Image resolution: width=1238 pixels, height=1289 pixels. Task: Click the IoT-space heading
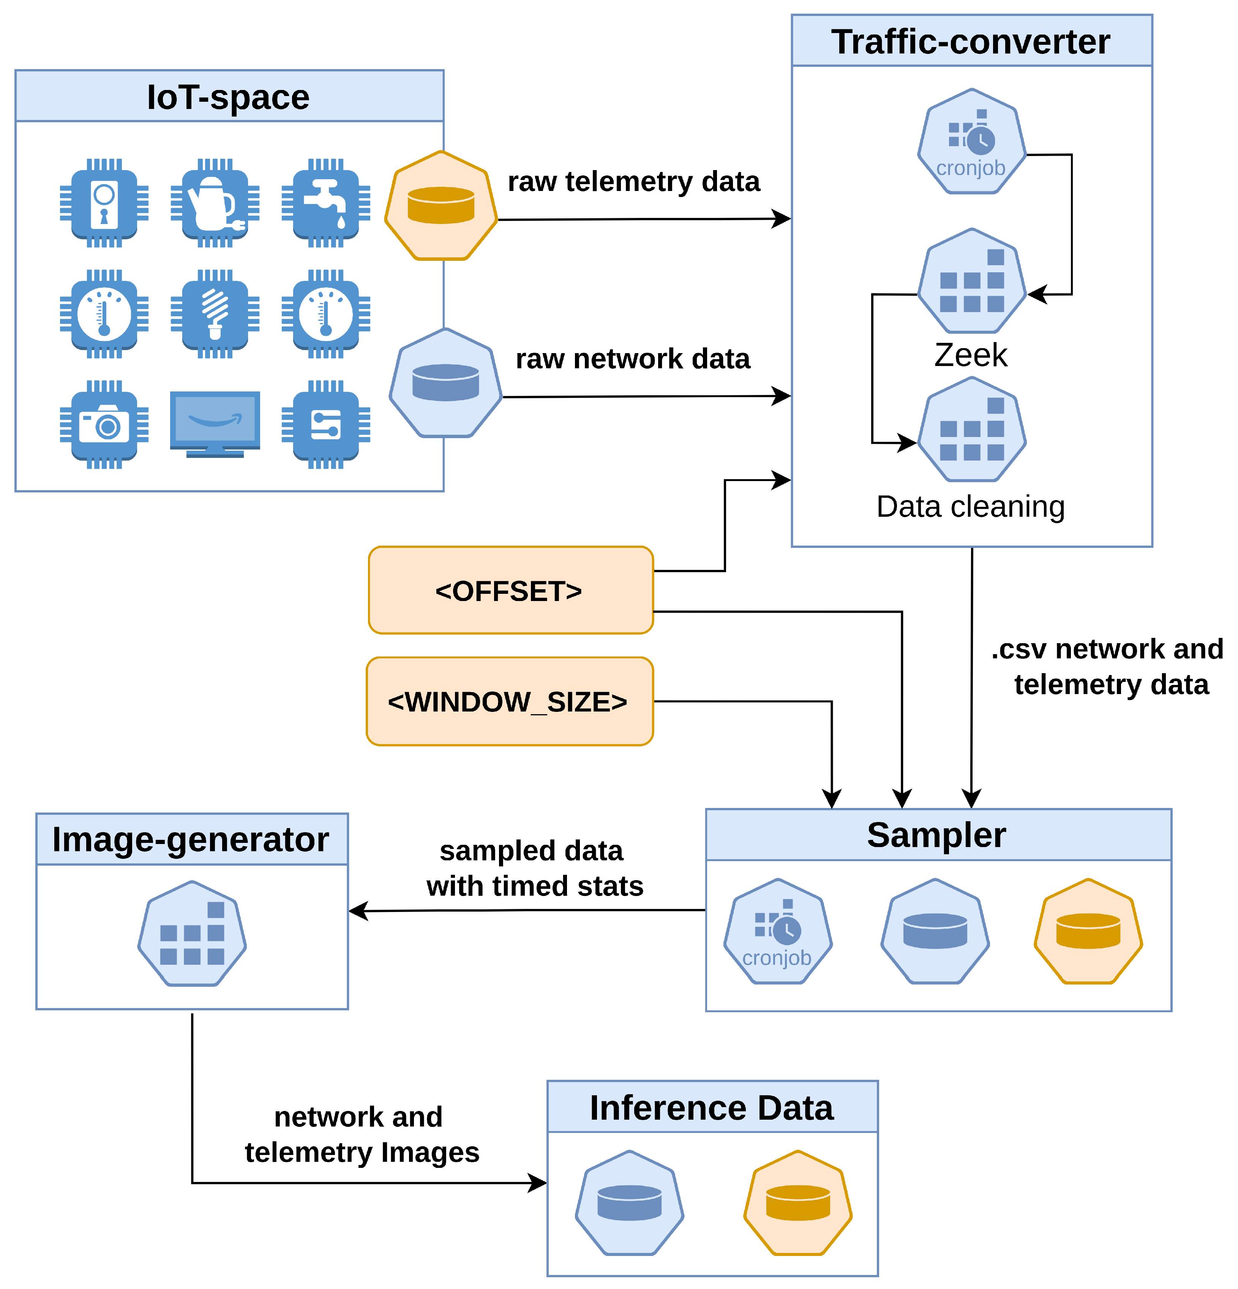click(x=228, y=97)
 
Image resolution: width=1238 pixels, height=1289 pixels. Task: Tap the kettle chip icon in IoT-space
click(x=215, y=203)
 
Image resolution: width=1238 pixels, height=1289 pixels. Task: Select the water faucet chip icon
click(x=325, y=203)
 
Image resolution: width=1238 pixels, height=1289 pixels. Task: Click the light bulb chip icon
click(x=215, y=314)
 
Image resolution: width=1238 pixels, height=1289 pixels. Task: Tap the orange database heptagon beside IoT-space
click(x=441, y=205)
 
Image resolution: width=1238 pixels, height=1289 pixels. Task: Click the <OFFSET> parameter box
click(x=510, y=590)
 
